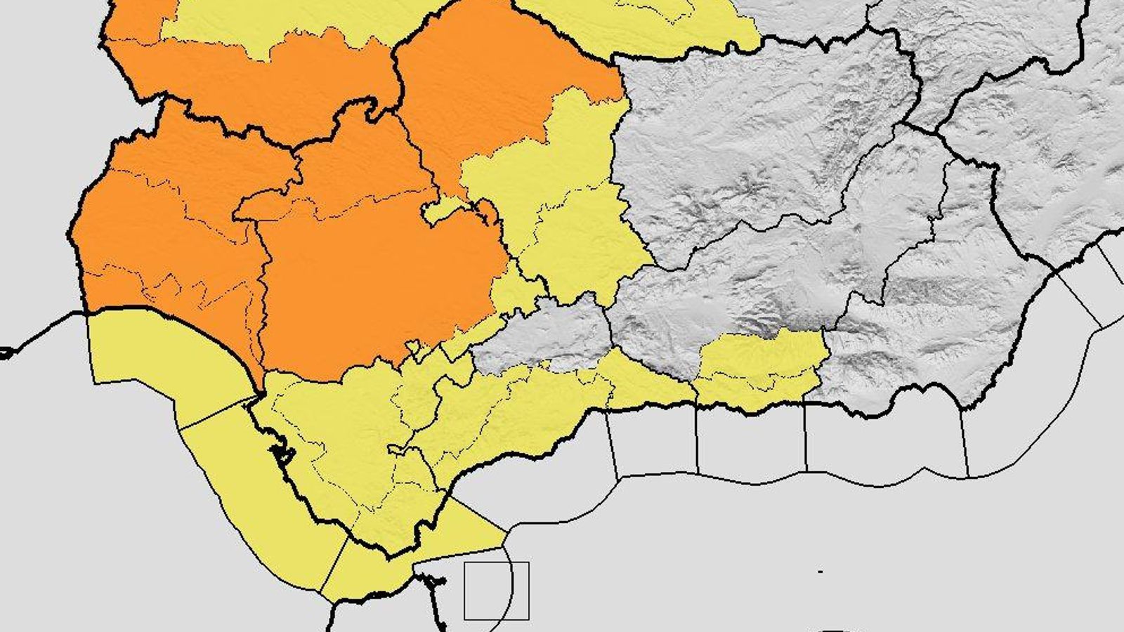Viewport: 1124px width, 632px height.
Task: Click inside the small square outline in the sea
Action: click(496, 591)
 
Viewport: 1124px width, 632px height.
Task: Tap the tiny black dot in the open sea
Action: click(821, 572)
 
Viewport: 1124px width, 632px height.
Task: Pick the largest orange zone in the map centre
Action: click(379, 281)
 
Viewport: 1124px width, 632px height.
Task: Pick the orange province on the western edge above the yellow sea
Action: click(162, 232)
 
